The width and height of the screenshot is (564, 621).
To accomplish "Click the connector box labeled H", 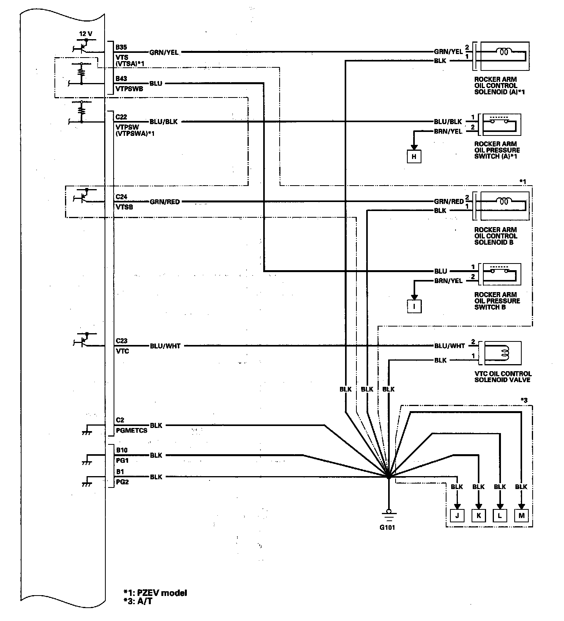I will point(414,157).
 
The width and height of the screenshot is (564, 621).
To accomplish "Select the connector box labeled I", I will point(414,306).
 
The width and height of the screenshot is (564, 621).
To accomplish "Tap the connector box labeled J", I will point(457,516).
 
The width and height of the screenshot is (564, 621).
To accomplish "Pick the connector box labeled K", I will point(479,516).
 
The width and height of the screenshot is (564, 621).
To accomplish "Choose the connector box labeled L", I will point(500,516).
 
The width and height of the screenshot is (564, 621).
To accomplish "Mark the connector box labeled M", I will point(521,516).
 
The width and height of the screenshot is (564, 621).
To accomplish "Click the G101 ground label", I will point(387,527).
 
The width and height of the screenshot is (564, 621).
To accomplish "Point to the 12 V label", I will point(86,34).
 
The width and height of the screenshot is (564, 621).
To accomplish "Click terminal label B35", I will point(121,47).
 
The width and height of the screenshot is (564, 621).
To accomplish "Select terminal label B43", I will point(121,79).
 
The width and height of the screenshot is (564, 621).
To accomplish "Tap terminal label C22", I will point(121,117).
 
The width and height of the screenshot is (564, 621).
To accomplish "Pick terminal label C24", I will point(121,197).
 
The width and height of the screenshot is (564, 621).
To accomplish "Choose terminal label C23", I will point(121,341).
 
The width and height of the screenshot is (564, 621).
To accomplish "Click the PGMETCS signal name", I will point(132,430).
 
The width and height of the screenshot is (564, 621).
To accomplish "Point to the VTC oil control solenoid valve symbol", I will point(503,353).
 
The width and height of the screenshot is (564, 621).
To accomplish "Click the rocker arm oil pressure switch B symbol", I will point(502,274).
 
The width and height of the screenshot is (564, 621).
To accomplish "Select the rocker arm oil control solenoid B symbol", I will point(504,206).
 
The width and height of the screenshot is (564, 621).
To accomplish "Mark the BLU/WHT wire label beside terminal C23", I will point(165,346).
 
